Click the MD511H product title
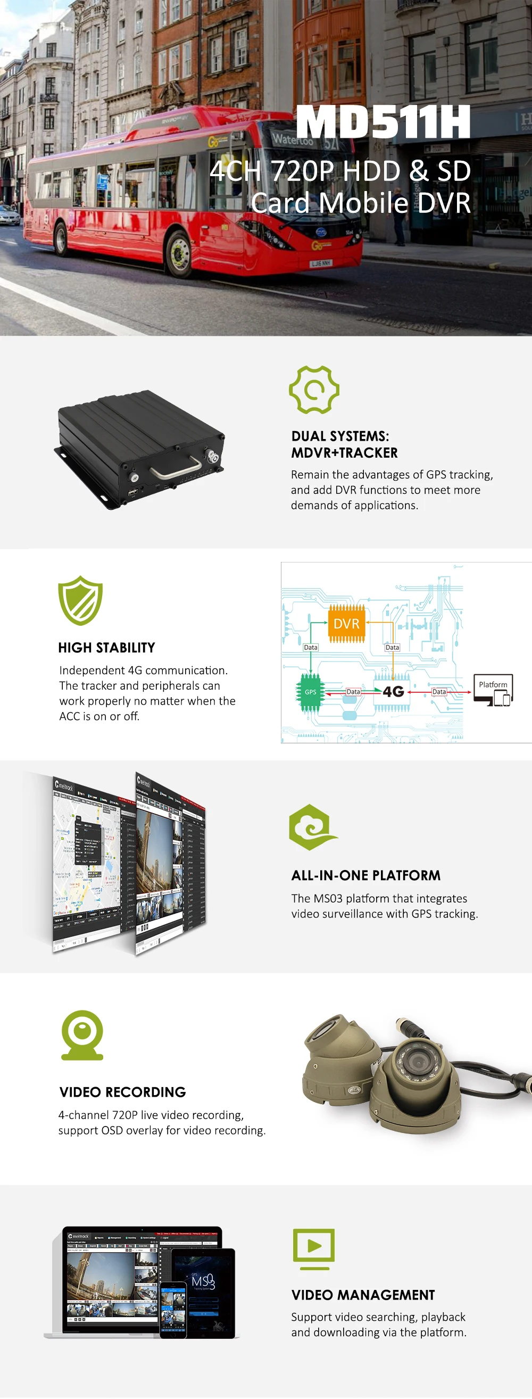coord(383,122)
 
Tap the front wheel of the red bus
coord(179,253)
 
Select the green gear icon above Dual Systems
coord(314,390)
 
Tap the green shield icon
coord(80,600)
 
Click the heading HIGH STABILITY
coord(106,648)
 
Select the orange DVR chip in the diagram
coord(346,624)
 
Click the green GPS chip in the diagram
coord(310,692)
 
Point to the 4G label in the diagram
coord(393,691)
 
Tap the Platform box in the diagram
coord(493,689)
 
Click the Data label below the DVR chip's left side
coord(311,648)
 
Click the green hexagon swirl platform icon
coord(312,827)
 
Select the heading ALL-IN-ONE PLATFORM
coord(366,875)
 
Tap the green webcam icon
coord(82,1034)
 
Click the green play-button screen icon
coord(314,1246)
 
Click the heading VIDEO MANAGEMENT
coord(363,1295)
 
